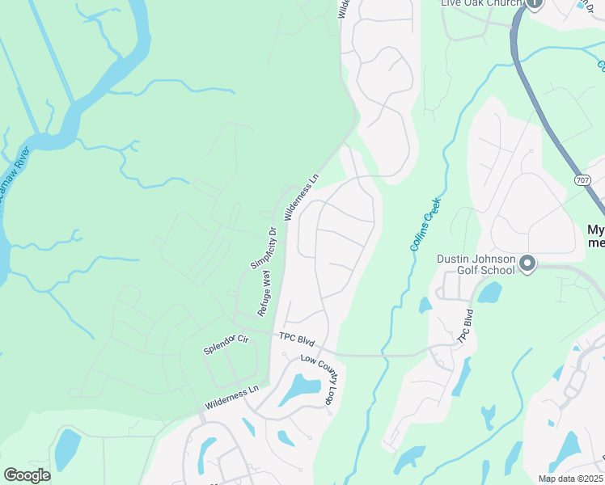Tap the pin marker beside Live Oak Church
[534, 4]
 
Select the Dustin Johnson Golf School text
[476, 264]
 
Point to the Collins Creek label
[425, 224]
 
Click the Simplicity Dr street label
[264, 247]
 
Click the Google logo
[26, 475]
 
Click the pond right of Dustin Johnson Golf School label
[489, 293]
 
